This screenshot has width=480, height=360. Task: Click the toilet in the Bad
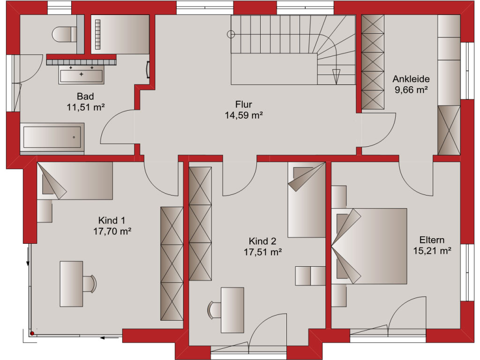pos(64,34)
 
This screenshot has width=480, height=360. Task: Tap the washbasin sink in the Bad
pos(82,75)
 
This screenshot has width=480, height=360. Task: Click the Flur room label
pos(244,105)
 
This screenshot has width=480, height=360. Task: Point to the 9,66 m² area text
pos(411,90)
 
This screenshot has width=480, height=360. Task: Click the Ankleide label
pos(411,79)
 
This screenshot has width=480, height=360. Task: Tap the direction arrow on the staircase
pos(336,76)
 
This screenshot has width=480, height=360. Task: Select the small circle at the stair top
pos(231,34)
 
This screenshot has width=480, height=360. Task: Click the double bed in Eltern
pos(369,246)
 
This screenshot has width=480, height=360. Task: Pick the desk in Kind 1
pos(71,284)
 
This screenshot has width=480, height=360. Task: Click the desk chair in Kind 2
pos(214,310)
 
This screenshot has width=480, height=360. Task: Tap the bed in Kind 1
pos(75,181)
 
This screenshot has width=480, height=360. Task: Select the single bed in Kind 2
pos(307,200)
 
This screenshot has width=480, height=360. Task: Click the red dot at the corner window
pos(32,333)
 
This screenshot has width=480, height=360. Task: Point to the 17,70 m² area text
pos(112,231)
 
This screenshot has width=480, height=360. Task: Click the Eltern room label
pos(432,240)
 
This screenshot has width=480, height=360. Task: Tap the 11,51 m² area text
pos(86,107)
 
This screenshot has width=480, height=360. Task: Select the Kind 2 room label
pos(262,241)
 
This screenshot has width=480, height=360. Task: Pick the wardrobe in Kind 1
pos(172,263)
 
